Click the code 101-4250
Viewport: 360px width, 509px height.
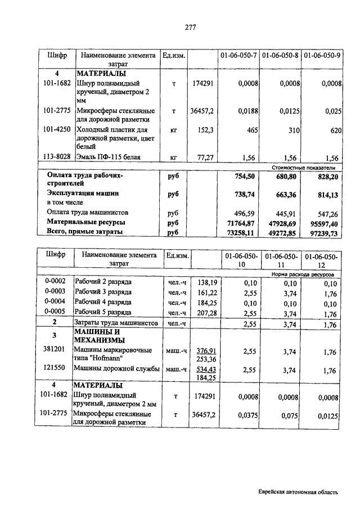[x=56, y=129]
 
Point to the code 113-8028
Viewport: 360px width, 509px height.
[x=56, y=157]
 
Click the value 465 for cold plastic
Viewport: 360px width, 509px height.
[x=252, y=130]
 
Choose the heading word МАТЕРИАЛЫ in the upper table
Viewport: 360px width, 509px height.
[x=101, y=74]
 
